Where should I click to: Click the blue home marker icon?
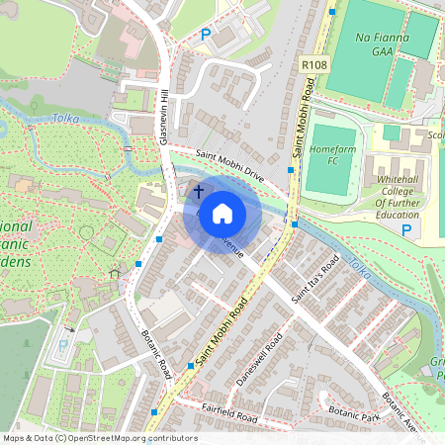pos(222,213)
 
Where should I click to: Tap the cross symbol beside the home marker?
pos(198,190)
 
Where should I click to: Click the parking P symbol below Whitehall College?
pos(405,229)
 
